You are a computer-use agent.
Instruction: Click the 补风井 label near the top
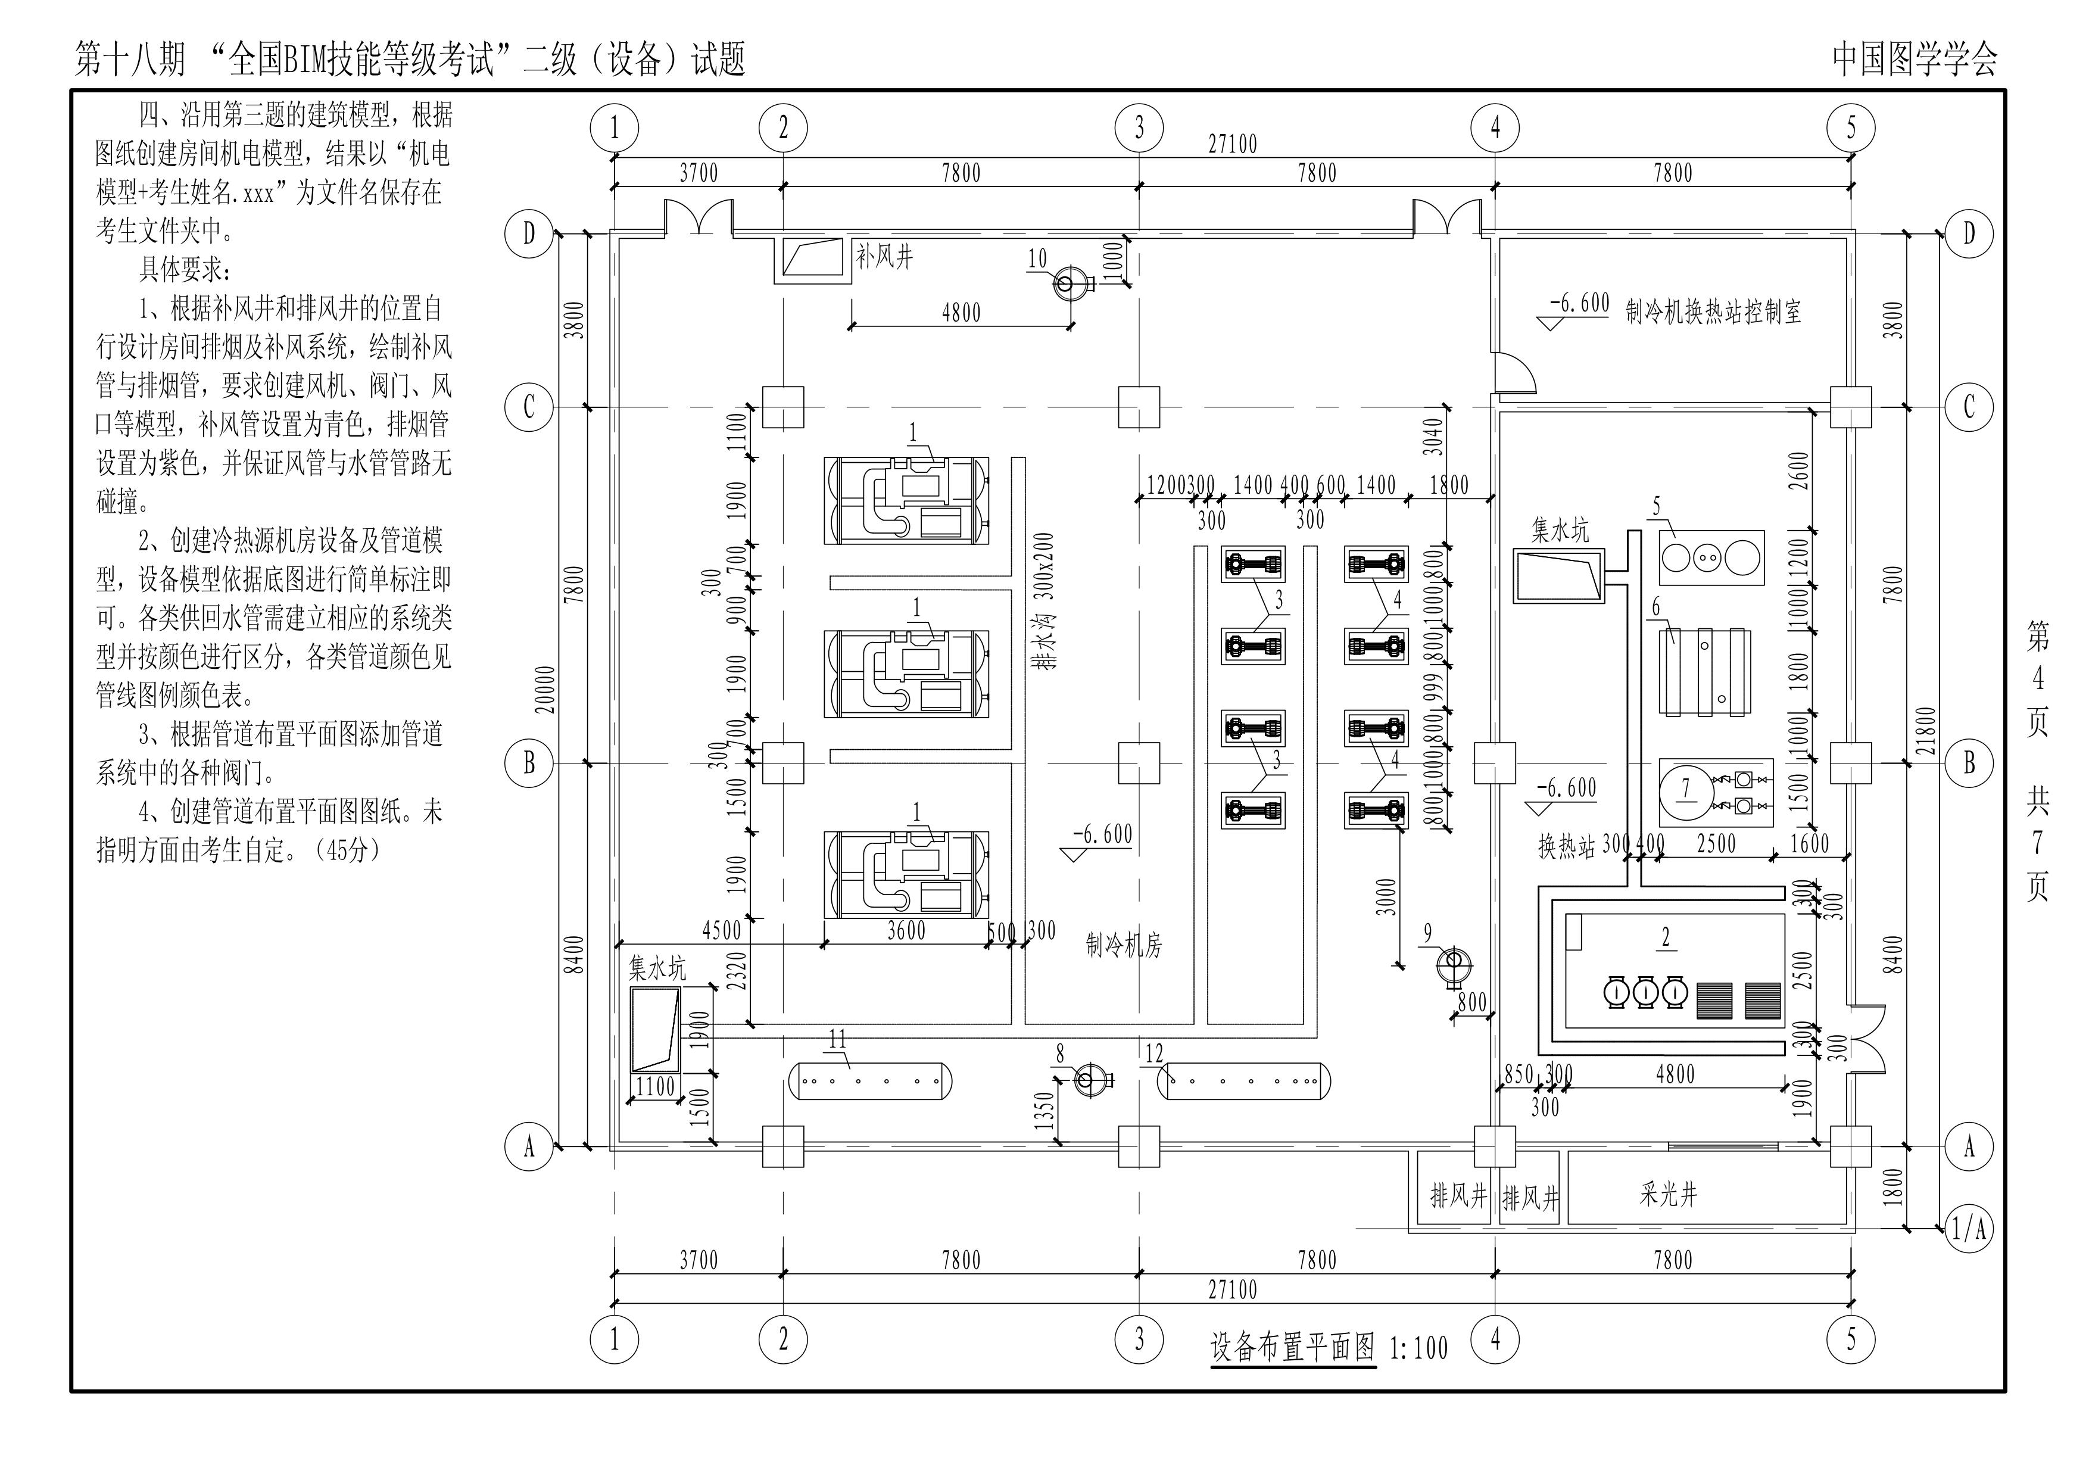(884, 257)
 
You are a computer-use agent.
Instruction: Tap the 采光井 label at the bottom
(1668, 1194)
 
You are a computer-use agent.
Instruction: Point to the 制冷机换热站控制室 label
(1713, 312)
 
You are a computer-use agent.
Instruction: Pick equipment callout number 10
(1037, 258)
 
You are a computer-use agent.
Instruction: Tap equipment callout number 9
(1427, 933)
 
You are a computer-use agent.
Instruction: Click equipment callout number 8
(1060, 1054)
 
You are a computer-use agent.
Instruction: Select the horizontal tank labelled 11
(870, 1081)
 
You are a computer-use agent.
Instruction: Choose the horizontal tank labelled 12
(1243, 1081)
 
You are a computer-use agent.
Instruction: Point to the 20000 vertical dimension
(546, 690)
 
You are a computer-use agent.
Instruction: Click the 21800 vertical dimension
(1925, 732)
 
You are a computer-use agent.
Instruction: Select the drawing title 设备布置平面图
(1293, 1346)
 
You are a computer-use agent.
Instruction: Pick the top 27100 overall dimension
(1233, 144)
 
